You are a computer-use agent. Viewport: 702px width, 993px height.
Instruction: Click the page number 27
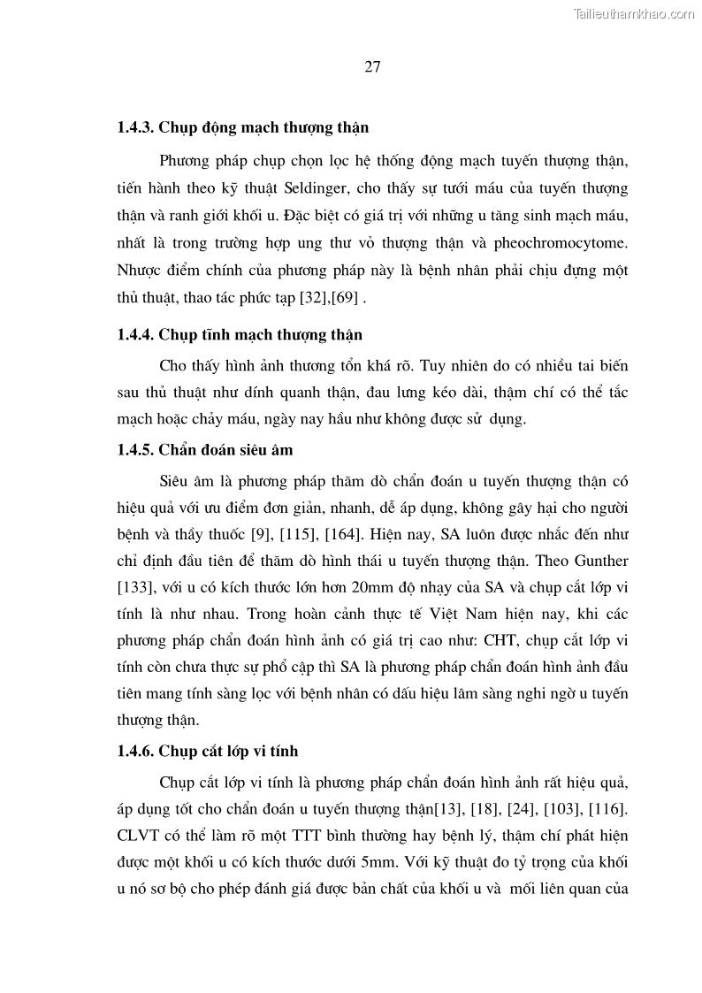point(371,68)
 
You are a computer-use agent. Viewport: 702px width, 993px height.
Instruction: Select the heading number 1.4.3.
point(135,127)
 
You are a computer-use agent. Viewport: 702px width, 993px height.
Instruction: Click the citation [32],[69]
point(325,298)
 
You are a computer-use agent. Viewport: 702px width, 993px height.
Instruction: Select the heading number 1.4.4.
point(135,335)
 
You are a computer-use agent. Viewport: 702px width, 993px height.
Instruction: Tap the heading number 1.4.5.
point(135,450)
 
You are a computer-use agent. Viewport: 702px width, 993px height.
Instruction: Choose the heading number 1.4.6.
point(135,752)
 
